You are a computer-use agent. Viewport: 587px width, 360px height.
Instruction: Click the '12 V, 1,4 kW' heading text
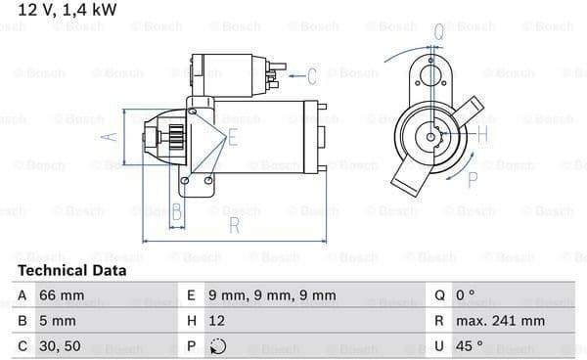point(68,10)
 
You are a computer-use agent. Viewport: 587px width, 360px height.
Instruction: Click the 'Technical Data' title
point(71,270)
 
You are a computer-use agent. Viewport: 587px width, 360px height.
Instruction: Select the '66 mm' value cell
point(62,295)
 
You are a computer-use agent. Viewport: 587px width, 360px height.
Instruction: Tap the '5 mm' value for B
point(58,321)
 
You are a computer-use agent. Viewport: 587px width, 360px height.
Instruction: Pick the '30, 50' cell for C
point(60,346)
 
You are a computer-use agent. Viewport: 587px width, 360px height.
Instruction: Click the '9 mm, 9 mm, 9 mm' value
point(272,295)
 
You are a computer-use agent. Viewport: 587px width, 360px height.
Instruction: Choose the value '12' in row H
point(217,321)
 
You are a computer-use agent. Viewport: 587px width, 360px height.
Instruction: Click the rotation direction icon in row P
point(218,346)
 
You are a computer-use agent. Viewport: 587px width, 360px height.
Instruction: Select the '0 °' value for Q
point(465,295)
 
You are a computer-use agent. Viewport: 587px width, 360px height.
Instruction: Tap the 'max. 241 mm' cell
point(500,321)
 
